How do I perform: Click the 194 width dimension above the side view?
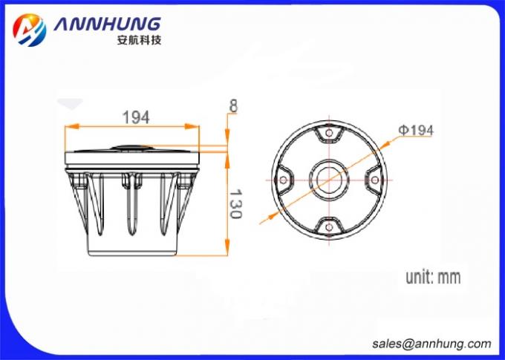click(x=136, y=117)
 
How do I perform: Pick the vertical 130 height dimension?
click(x=235, y=202)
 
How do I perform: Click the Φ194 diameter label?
click(x=417, y=130)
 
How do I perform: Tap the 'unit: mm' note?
click(x=432, y=278)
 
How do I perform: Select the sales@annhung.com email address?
click(x=431, y=344)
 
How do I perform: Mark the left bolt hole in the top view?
click(x=282, y=180)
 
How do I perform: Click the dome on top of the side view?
click(x=132, y=145)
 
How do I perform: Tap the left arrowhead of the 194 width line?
click(x=68, y=126)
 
